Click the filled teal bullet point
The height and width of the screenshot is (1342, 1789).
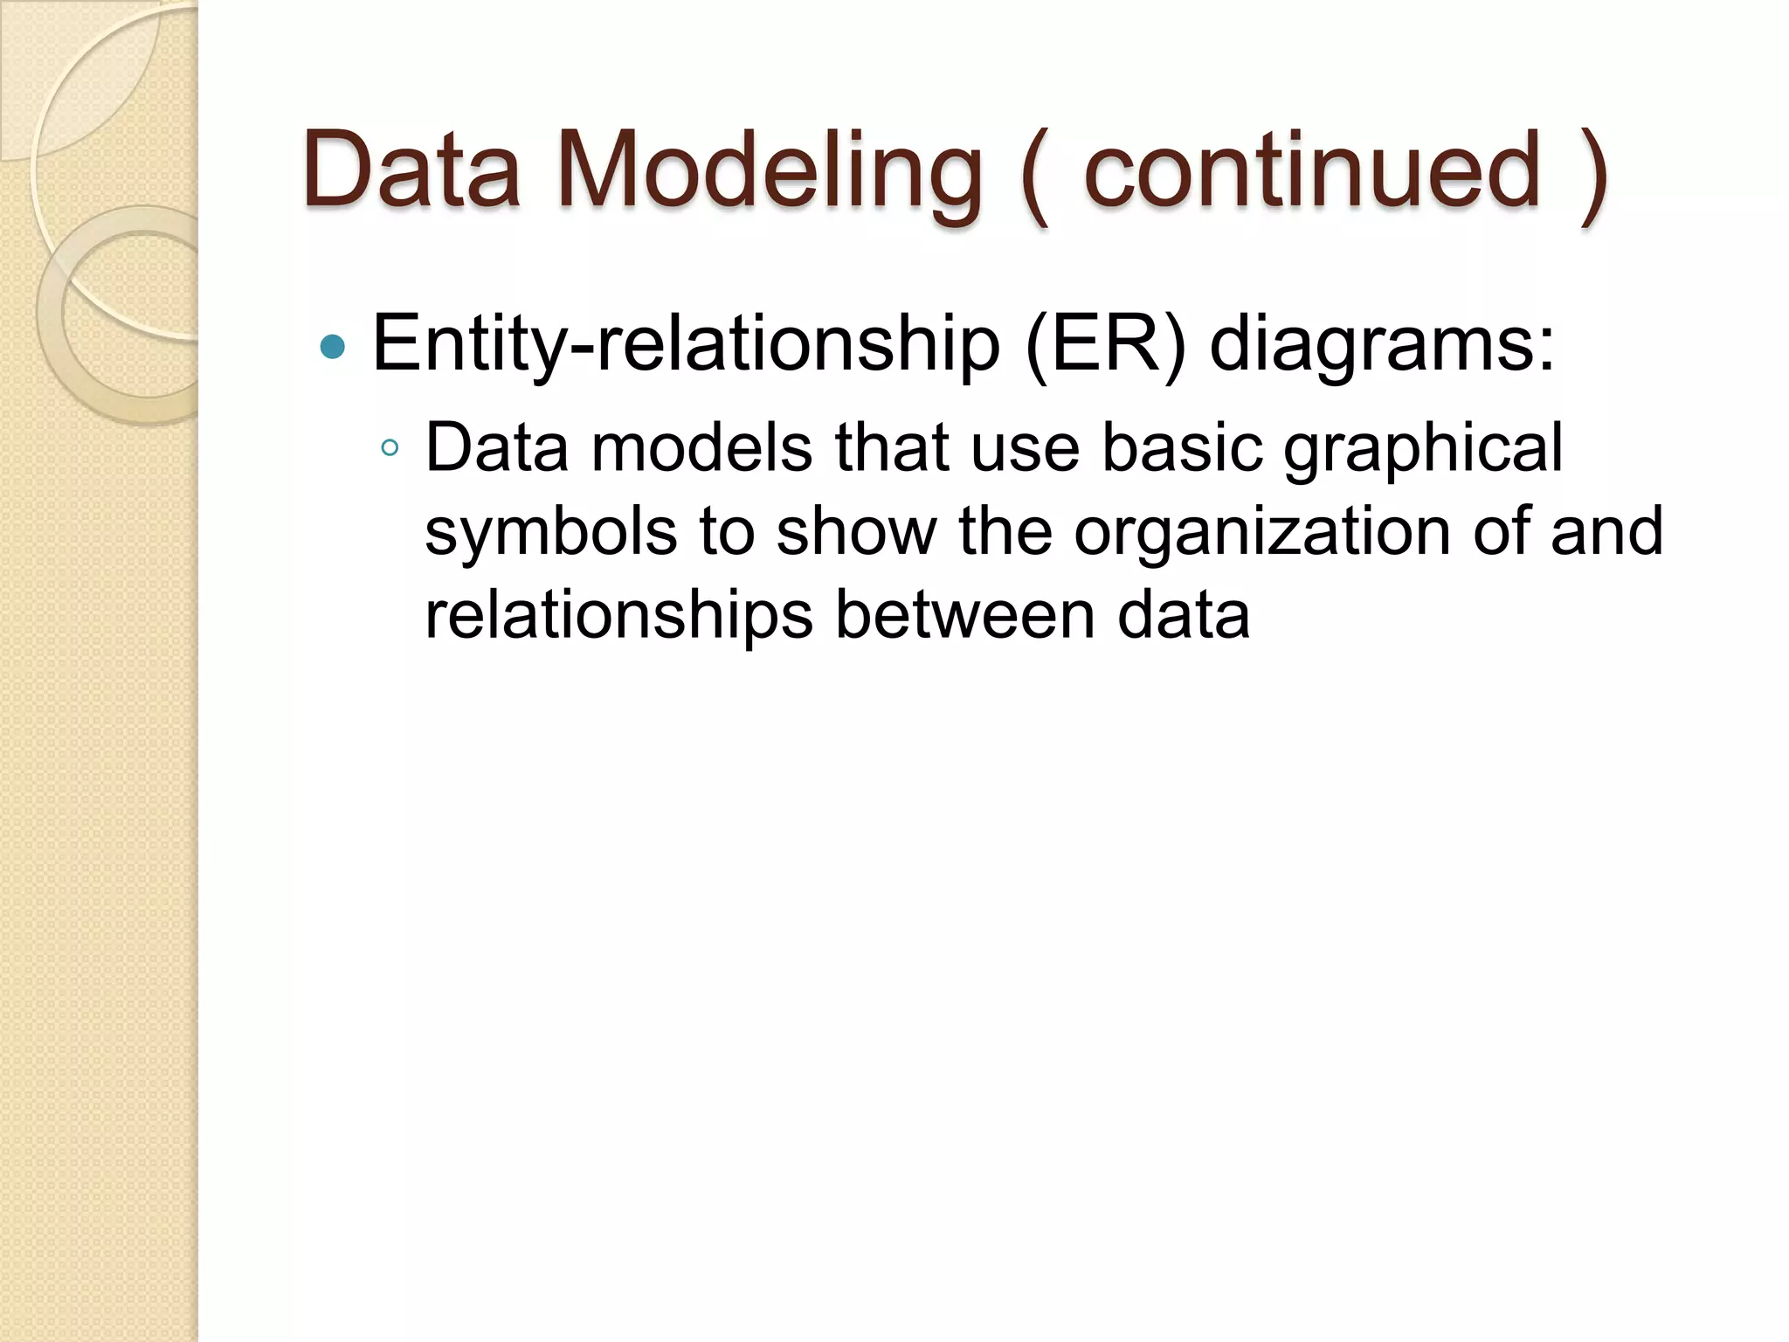(x=333, y=348)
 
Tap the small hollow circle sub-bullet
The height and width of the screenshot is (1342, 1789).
(x=390, y=449)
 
